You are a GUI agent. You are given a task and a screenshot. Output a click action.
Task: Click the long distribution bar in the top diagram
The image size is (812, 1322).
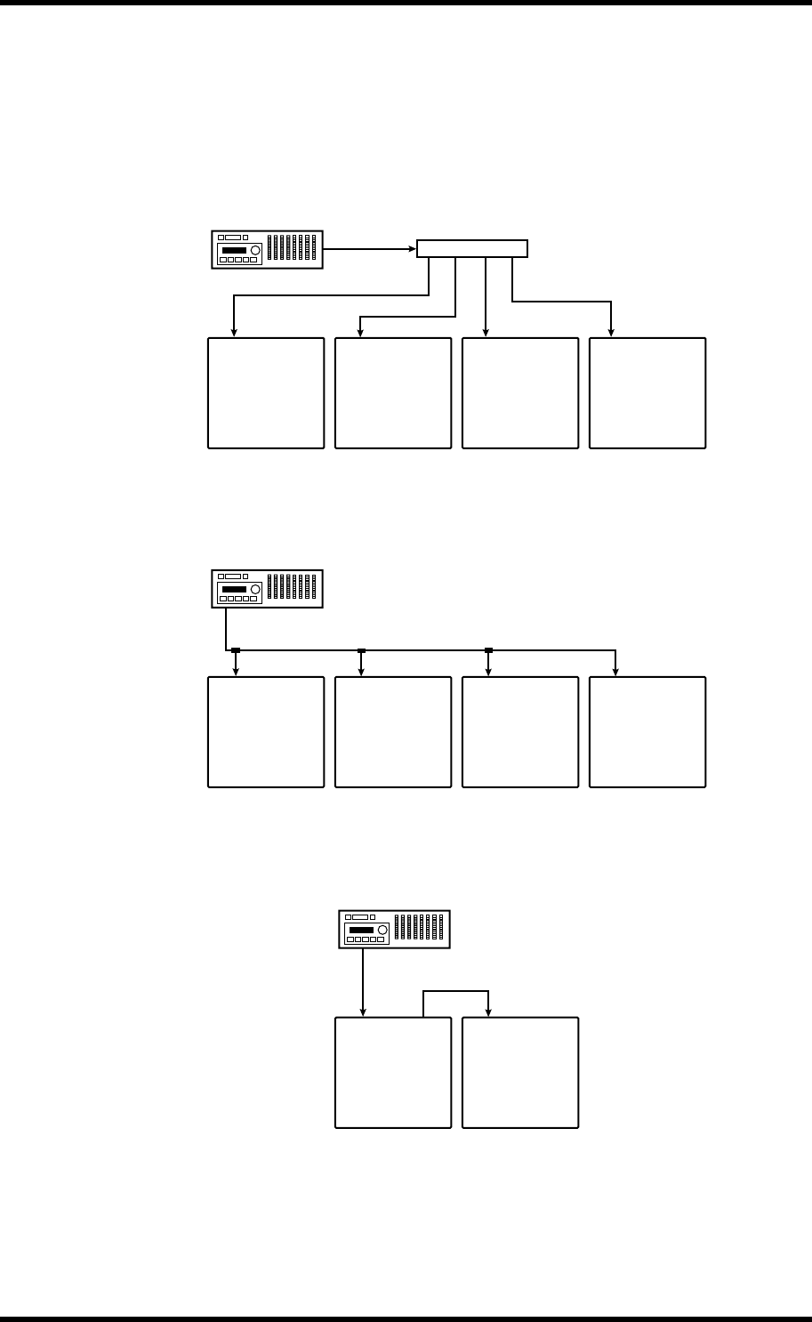(472, 248)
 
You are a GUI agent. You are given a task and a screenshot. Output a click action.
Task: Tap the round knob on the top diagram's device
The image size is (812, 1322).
(255, 251)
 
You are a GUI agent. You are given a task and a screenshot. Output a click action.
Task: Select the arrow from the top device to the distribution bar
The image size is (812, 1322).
(370, 249)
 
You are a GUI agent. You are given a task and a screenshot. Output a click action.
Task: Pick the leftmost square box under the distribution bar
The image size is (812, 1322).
(266, 392)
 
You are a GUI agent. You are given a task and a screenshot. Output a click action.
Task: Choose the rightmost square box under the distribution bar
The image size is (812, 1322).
(647, 392)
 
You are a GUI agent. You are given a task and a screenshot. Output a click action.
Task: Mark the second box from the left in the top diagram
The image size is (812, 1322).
(393, 392)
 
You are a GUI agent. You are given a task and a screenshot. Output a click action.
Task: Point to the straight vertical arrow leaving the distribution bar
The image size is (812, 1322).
(486, 297)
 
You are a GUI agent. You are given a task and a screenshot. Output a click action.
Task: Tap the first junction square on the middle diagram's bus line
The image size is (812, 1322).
(236, 651)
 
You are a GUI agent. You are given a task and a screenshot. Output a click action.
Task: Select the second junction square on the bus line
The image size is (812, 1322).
(361, 651)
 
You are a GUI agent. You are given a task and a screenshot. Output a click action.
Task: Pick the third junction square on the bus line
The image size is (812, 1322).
(488, 651)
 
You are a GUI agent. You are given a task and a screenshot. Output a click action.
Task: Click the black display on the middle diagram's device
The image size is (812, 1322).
(235, 590)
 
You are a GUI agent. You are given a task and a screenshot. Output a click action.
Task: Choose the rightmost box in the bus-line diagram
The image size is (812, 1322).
(647, 732)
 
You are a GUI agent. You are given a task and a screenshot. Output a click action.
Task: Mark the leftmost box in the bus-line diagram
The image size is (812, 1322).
(266, 732)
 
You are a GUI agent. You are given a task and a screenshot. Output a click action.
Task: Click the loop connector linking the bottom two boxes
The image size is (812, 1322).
(456, 991)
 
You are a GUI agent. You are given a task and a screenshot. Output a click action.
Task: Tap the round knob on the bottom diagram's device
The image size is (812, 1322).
(382, 930)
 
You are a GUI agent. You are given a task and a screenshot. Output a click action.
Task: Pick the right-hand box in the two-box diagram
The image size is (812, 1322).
(520, 1073)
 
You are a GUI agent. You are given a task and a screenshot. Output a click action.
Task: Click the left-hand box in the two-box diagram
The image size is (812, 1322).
(393, 1073)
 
